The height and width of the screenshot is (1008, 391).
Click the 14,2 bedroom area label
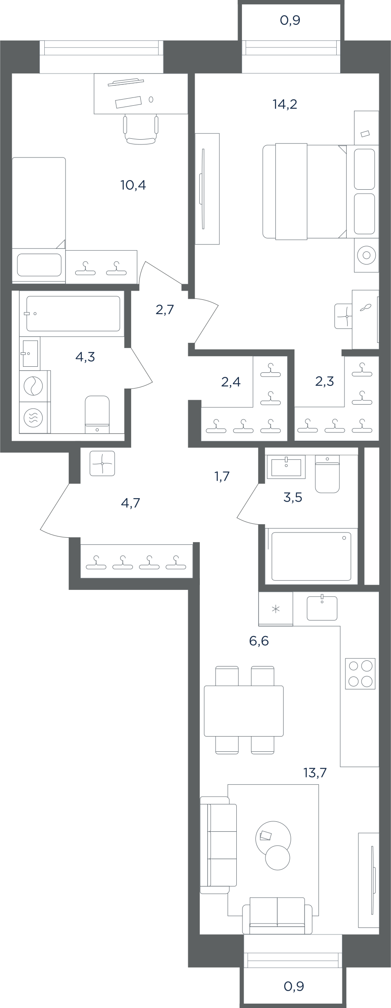(285, 104)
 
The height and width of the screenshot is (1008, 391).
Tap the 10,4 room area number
(133, 185)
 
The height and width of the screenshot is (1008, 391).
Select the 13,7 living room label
(315, 773)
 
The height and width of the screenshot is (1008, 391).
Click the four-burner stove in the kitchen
(360, 673)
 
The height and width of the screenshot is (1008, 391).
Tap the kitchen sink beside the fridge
(322, 607)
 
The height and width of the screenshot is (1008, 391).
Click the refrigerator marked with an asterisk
(275, 609)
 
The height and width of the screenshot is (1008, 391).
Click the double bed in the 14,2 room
(305, 192)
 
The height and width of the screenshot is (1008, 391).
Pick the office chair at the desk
(140, 129)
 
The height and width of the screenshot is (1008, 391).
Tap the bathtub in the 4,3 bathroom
(73, 314)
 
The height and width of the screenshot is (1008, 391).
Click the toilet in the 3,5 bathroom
(327, 474)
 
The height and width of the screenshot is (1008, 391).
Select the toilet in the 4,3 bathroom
(97, 414)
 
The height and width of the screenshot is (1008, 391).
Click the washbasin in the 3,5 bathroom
(286, 467)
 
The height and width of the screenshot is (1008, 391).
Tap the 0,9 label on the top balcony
(290, 20)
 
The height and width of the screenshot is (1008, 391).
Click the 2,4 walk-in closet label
(231, 382)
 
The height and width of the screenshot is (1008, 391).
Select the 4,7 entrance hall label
(131, 503)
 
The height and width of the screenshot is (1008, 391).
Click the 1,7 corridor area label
(222, 476)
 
